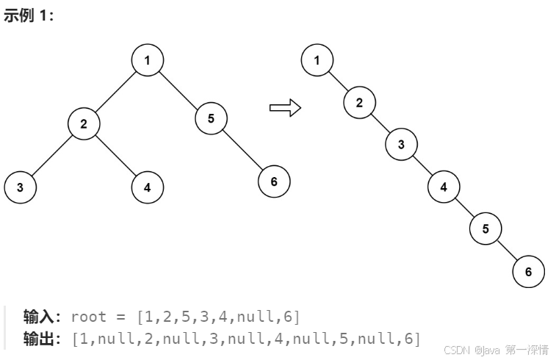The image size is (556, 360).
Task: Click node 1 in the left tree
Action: tap(148, 60)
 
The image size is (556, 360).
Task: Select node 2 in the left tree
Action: tap(84, 123)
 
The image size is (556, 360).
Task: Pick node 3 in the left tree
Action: tap(20, 187)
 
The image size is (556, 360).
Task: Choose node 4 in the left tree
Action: tap(148, 187)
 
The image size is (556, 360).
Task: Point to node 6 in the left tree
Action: tap(274, 181)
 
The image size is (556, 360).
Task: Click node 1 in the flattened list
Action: tap(317, 60)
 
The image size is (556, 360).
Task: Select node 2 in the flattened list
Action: tap(359, 102)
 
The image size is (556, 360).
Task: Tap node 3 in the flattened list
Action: tap(401, 144)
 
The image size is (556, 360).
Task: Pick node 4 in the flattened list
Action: tap(444, 187)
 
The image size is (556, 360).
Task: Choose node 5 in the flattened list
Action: tap(485, 228)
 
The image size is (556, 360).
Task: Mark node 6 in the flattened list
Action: tap(528, 271)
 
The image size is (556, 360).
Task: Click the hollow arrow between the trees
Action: tap(286, 108)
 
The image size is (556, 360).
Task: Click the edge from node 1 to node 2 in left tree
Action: tap(116, 92)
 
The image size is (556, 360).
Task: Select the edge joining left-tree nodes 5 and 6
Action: tap(243, 151)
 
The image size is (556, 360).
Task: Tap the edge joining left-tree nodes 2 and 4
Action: tap(116, 156)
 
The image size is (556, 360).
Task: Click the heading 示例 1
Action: tap(29, 16)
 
